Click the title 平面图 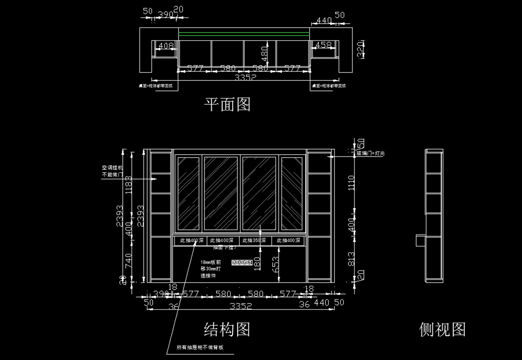(x=228, y=104)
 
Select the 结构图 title (x=227, y=330)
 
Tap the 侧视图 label (x=442, y=330)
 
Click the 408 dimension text (x=165, y=46)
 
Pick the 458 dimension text (x=323, y=45)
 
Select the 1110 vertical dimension (x=352, y=183)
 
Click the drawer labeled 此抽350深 (x=254, y=240)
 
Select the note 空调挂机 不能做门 (x=112, y=171)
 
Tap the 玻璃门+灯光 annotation (x=371, y=153)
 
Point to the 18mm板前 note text (x=211, y=263)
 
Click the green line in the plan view (x=244, y=33)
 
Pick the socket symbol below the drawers (x=242, y=263)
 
